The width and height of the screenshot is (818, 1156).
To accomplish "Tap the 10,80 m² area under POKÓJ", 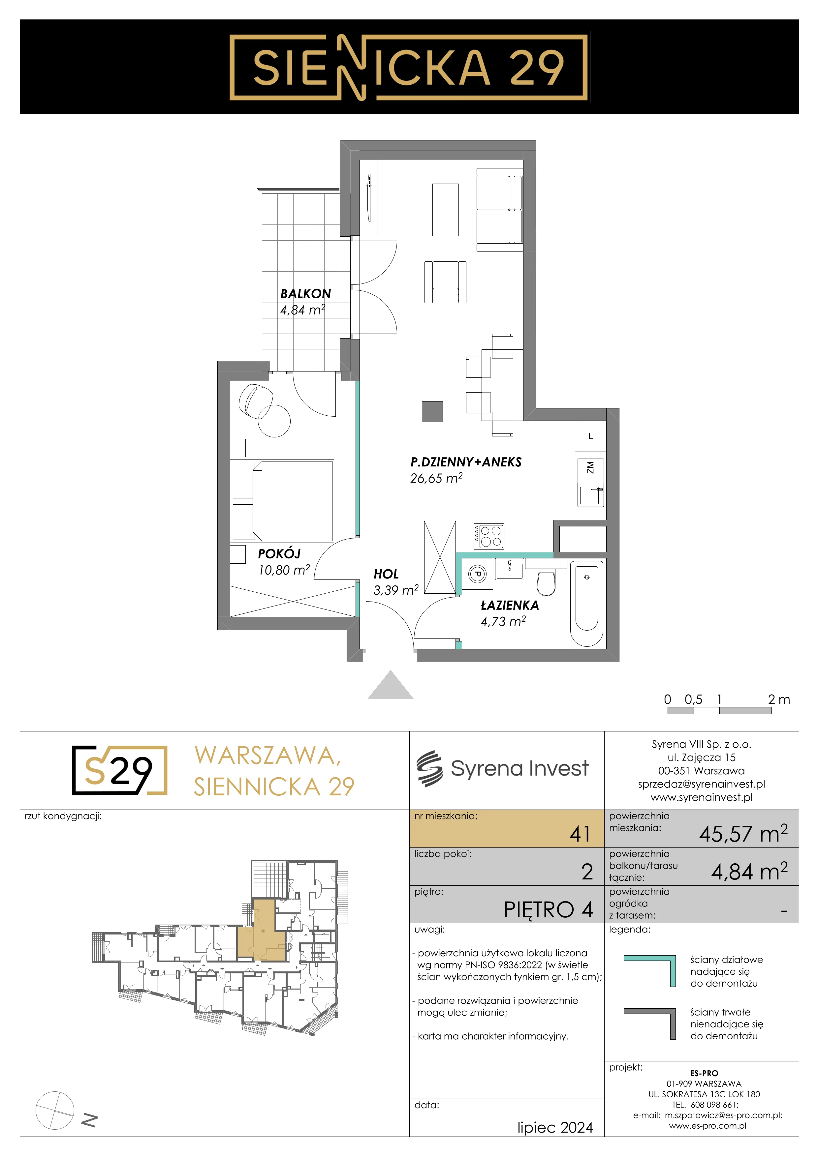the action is coord(284,570).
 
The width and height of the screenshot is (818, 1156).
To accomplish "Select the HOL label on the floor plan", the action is coord(386,574).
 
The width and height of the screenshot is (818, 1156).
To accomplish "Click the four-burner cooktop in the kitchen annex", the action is coord(488,536).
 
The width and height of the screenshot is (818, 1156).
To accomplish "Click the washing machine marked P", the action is coord(478,574).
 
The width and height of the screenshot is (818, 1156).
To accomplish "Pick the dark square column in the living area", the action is coord(432,411).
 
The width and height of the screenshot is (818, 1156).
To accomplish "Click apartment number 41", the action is coord(580,834).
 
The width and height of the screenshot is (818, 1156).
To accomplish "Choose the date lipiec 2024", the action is coord(555,1128).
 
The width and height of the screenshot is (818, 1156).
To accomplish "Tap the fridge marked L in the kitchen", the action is coord(590,436).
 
